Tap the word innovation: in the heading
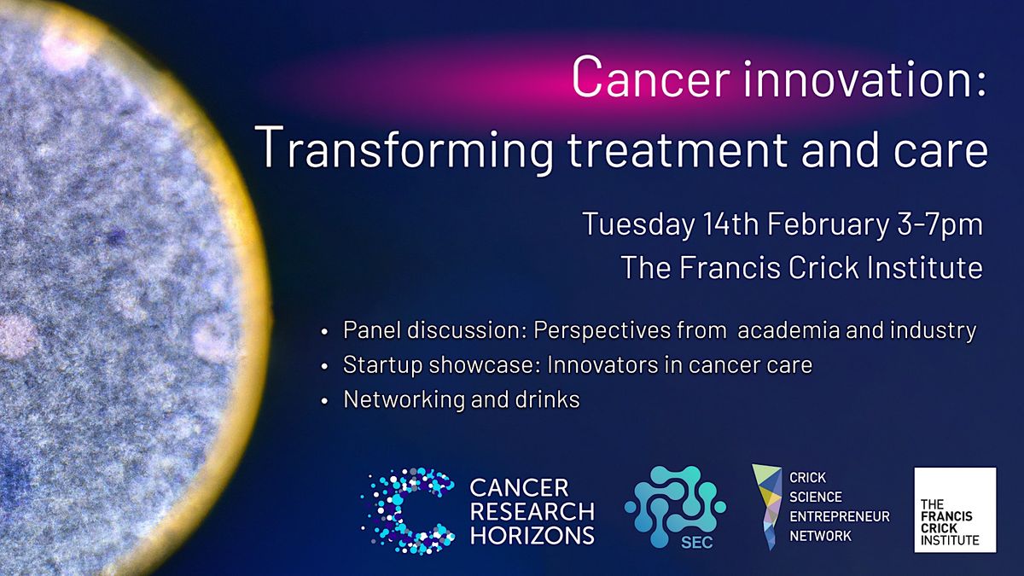click(x=859, y=78)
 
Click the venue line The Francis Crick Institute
click(x=801, y=268)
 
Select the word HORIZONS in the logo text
click(x=532, y=535)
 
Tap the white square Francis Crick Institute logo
click(x=955, y=509)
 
